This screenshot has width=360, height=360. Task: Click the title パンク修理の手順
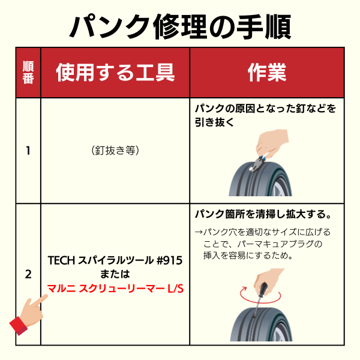[x=180, y=26]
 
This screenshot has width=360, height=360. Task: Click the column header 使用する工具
[x=115, y=73]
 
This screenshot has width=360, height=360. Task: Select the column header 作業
[x=267, y=73]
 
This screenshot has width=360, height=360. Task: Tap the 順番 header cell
[x=28, y=73]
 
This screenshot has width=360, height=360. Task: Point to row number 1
[x=28, y=151]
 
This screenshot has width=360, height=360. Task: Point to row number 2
[x=28, y=274]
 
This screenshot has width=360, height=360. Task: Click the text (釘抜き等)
[x=115, y=151]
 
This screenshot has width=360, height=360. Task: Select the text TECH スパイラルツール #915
[x=115, y=260]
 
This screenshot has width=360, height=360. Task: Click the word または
[x=115, y=274]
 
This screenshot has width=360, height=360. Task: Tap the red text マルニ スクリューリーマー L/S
[x=115, y=289]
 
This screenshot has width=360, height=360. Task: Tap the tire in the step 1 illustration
[x=260, y=179]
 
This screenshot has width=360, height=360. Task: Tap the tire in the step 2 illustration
[x=261, y=324]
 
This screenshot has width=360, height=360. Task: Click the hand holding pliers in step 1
[x=271, y=143]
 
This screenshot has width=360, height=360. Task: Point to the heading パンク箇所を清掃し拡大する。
[x=263, y=214]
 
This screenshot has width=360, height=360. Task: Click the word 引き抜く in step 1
[x=214, y=122]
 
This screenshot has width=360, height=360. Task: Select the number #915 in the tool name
[x=169, y=260]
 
